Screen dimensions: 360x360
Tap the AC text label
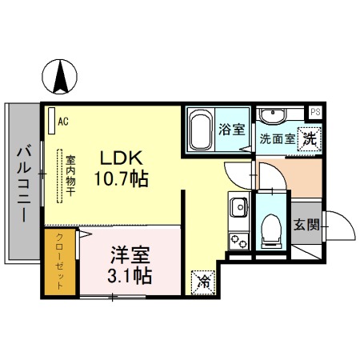pos(62,121)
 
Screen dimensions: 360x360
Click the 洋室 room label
pos(130,257)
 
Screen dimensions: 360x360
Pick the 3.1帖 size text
pos(130,276)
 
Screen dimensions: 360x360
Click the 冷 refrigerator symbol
pos(204,281)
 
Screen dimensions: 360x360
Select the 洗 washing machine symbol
pos(307,137)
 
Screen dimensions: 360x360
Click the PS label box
pos(315,113)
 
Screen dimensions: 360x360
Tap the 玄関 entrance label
pos(305,224)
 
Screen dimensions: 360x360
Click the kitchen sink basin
pos(238,210)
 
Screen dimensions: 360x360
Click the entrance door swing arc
pos(340,224)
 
